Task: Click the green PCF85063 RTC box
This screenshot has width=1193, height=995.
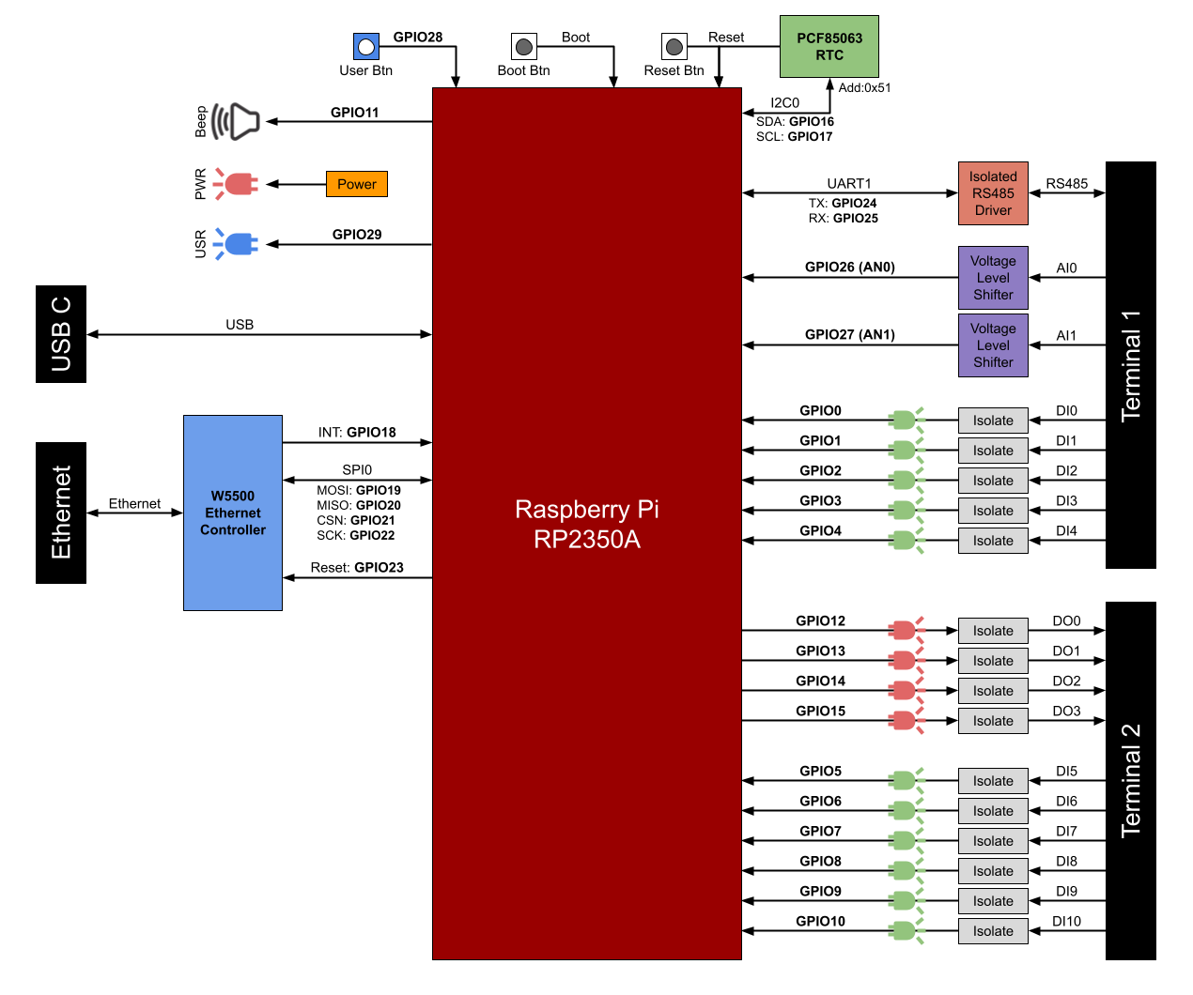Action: tap(829, 46)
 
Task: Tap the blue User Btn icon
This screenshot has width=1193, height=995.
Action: tap(366, 46)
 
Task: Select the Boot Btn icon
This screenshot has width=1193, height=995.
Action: tap(524, 46)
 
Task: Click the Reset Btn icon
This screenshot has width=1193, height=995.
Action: tap(674, 46)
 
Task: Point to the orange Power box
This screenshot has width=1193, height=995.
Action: tap(356, 184)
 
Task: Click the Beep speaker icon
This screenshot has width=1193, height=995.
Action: tap(236, 121)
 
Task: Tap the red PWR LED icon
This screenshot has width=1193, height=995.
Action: tap(237, 184)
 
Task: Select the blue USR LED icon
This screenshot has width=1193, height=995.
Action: tap(237, 244)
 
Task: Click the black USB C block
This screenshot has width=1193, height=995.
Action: tap(61, 334)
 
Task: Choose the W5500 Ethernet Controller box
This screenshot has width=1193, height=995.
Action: tap(233, 513)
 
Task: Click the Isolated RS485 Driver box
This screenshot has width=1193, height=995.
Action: tap(993, 193)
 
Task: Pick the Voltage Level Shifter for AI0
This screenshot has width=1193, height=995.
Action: tap(993, 278)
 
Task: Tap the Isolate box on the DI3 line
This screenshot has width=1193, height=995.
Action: tap(993, 511)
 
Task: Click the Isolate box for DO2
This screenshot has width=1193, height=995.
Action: tap(993, 691)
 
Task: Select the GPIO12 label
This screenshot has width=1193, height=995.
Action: tap(820, 620)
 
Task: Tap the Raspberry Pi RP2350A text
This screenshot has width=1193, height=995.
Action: tap(587, 524)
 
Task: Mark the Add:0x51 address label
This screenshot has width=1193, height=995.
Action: tap(864, 87)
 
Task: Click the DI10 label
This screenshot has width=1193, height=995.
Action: tap(1066, 921)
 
